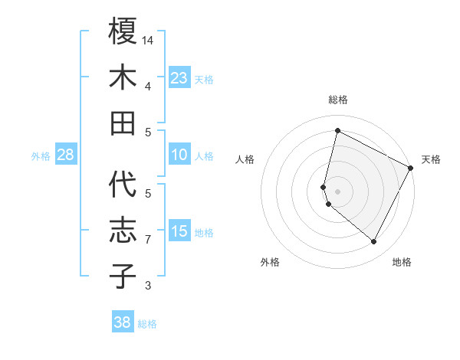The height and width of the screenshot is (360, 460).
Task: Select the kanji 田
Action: tap(123, 123)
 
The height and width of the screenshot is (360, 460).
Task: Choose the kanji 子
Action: tap(123, 276)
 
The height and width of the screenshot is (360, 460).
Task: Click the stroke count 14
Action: tap(149, 40)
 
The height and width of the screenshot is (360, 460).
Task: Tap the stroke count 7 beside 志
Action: tap(148, 240)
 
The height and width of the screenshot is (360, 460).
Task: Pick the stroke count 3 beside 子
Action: tap(148, 286)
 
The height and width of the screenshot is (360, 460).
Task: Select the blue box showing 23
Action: tap(179, 77)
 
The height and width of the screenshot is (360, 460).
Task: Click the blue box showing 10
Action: tap(179, 155)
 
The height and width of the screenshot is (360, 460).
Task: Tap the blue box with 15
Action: tap(179, 231)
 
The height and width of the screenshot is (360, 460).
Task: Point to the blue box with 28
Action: tap(65, 155)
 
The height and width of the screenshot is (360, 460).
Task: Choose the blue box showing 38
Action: tap(122, 322)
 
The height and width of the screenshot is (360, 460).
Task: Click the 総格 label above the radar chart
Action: tap(337, 100)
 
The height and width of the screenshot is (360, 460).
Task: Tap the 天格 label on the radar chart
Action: tap(431, 159)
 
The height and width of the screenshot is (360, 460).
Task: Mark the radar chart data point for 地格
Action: tap(374, 242)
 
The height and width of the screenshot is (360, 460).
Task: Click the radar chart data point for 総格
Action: tap(337, 131)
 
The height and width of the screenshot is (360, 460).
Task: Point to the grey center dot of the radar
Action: tap(337, 191)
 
